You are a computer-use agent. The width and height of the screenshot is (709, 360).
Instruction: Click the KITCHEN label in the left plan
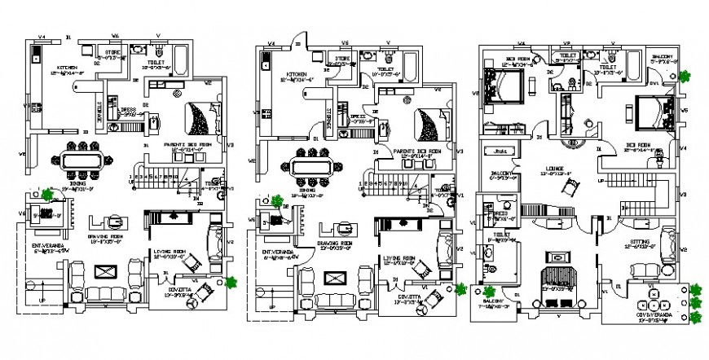[66, 68]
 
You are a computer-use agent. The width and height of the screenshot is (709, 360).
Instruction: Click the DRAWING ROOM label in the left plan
[105, 238]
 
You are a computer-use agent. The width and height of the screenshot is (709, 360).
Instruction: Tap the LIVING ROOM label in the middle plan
[400, 258]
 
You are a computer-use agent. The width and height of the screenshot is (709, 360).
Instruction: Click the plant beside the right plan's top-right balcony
[685, 77]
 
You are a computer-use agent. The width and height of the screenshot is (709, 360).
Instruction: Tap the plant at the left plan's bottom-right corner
[232, 282]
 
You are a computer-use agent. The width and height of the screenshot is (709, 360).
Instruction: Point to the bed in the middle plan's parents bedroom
[429, 124]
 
